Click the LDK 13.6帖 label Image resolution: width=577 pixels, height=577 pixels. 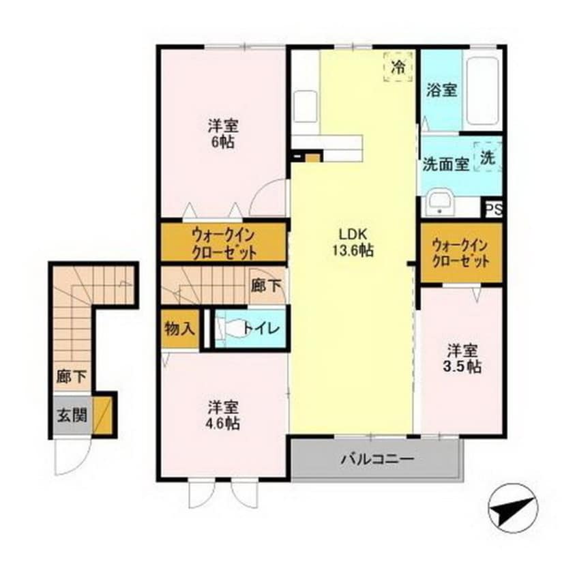pyautogui.click(x=352, y=241)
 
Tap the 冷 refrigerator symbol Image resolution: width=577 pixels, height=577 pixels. pyautogui.click(x=398, y=67)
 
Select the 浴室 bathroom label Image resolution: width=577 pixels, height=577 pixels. pyautogui.click(x=441, y=89)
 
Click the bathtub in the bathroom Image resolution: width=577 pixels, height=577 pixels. pyautogui.click(x=483, y=91)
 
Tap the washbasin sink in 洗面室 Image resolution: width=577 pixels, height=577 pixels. pyautogui.click(x=440, y=203)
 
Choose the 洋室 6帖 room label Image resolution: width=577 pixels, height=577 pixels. pyautogui.click(x=223, y=134)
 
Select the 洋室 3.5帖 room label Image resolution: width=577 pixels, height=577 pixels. pyautogui.click(x=464, y=359)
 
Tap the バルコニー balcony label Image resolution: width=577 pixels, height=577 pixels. pyautogui.click(x=377, y=459)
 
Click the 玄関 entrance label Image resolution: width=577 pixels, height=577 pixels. pyautogui.click(x=71, y=415)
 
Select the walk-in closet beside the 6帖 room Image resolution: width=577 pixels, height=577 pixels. pyautogui.click(x=223, y=243)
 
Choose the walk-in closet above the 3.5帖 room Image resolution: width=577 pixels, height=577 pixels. pyautogui.click(x=461, y=253)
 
